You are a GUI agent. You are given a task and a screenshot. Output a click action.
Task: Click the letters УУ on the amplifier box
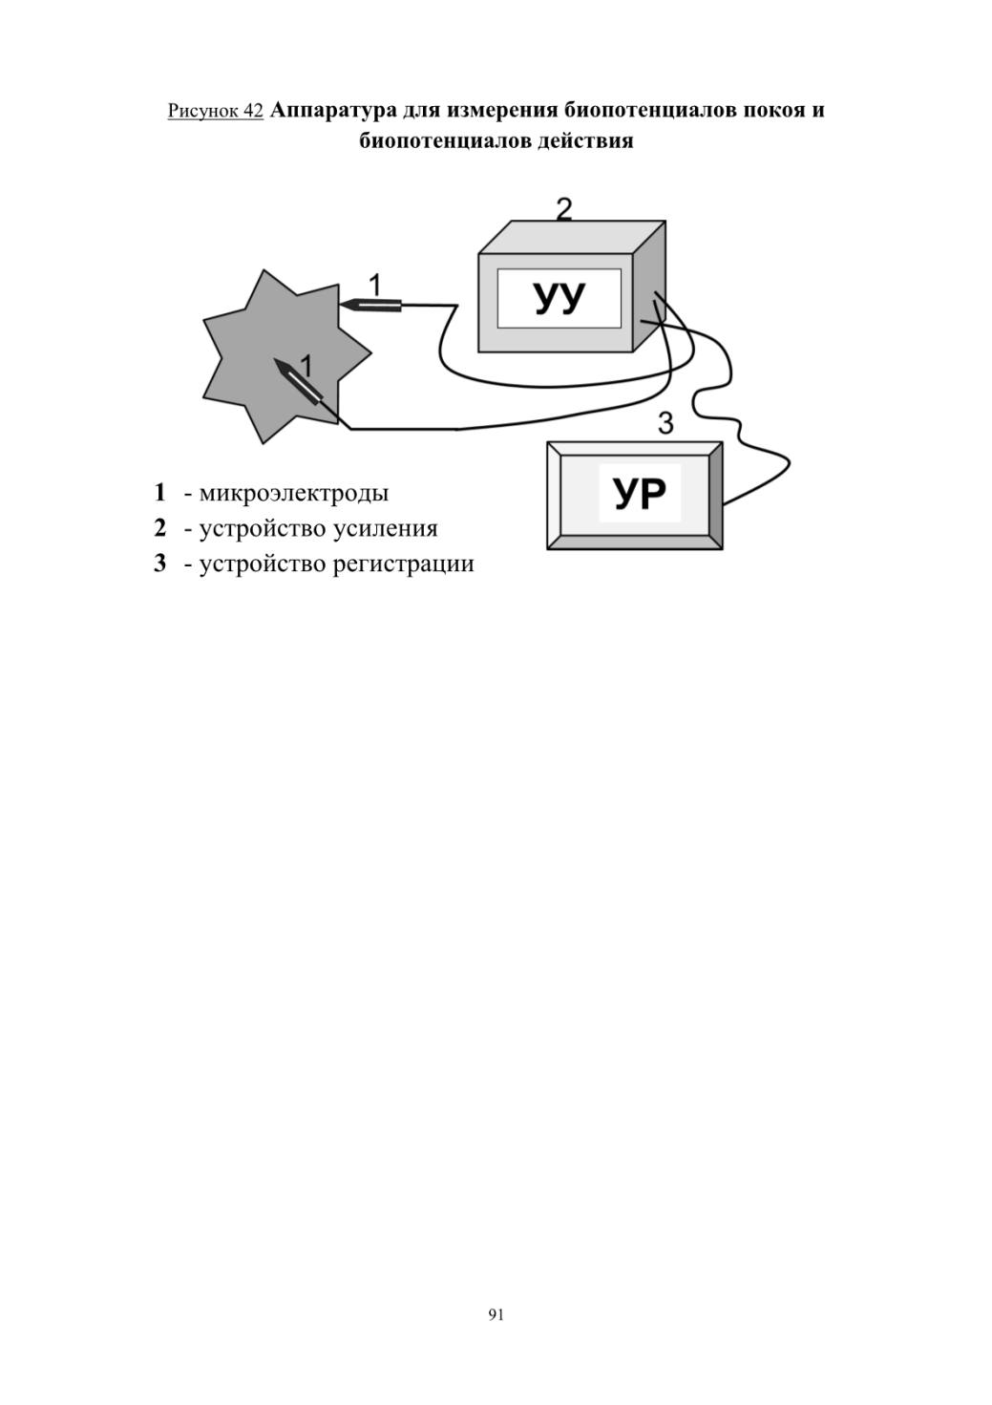pyautogui.click(x=559, y=299)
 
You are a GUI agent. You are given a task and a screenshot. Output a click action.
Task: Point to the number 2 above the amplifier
pyautogui.click(x=564, y=209)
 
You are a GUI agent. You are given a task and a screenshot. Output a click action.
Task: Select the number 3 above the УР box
pyautogui.click(x=665, y=423)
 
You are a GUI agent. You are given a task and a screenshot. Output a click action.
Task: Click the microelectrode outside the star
pyautogui.click(x=370, y=306)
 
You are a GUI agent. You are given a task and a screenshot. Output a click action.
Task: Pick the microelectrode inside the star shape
pyautogui.click(x=299, y=379)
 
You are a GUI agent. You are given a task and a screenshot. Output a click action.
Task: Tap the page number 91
pyautogui.click(x=496, y=1314)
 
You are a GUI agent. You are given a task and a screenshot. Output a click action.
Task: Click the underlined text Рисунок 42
pyautogui.click(x=216, y=111)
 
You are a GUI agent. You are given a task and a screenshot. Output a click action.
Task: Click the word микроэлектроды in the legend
pyautogui.click(x=294, y=493)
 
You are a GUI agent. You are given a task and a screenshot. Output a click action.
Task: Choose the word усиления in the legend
pyautogui.click(x=386, y=529)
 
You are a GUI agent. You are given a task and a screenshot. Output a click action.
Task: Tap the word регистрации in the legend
pyautogui.click(x=403, y=564)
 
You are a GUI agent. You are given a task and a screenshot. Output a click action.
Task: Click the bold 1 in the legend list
pyautogui.click(x=159, y=493)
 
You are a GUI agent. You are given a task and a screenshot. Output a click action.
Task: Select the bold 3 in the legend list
pyautogui.click(x=159, y=564)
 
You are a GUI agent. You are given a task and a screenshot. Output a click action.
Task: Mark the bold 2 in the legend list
pyautogui.click(x=159, y=528)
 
